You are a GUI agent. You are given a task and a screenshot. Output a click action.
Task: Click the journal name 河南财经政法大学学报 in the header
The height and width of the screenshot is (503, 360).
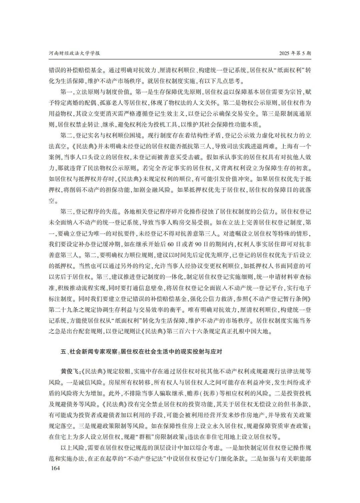[75, 53]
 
